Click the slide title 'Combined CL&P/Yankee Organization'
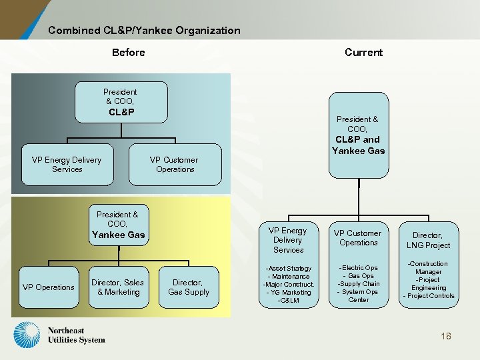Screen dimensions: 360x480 pos(144,30)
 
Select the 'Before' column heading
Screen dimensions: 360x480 pos(129,53)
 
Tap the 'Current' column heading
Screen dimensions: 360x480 pos(363,53)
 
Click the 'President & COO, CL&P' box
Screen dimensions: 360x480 pos(121,102)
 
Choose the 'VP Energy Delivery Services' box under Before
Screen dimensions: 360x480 pos(67,165)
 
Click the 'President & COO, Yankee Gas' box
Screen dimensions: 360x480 pos(118,225)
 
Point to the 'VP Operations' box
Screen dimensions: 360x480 pos(49,287)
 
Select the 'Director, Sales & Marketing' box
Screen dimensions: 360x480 pos(117,287)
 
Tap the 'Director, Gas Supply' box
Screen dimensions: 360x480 pos(189,287)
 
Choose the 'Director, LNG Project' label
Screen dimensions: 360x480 pos(428,240)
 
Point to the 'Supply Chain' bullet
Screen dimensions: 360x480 pos(359,284)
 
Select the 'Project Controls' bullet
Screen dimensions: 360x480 pos(429,296)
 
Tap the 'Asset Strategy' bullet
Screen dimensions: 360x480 pos(289,268)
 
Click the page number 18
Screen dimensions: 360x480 pos(445,336)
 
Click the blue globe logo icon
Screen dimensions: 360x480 pos(27,335)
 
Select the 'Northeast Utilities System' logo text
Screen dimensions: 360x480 pos(76,335)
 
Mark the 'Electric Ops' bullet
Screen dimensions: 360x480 pos(359,268)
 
